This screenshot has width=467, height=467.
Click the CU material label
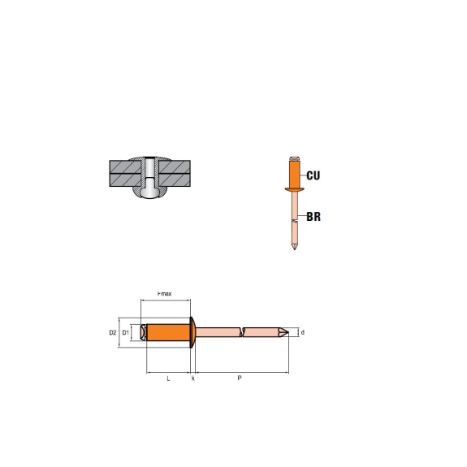coord(313,175)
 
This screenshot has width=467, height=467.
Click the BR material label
coord(313,217)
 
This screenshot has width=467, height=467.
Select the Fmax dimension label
coord(164,294)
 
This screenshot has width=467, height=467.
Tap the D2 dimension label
coord(113,332)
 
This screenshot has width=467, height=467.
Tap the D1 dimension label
coord(126,332)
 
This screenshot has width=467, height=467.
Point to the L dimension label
coord(168,378)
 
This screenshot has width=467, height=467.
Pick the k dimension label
coord(193,378)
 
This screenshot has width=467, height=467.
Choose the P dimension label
coord(240,378)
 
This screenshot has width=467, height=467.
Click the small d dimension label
coord(303,332)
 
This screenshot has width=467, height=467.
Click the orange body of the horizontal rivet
coord(168,332)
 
